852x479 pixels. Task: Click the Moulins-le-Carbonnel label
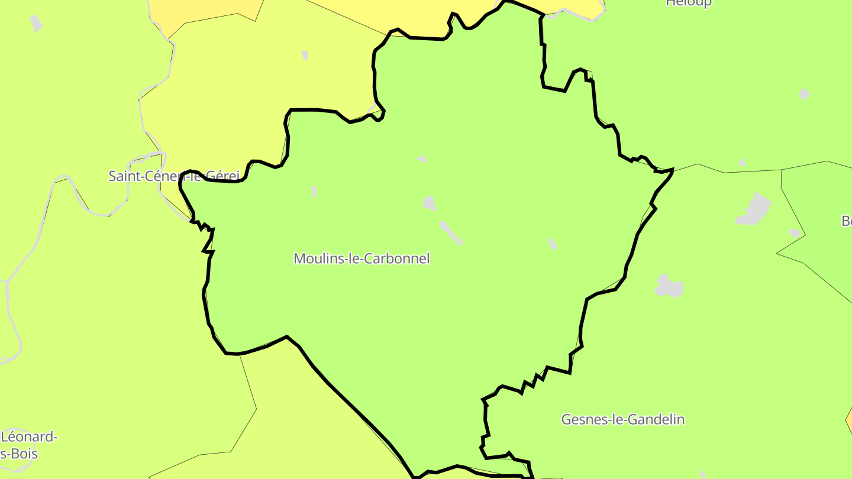pyautogui.click(x=362, y=258)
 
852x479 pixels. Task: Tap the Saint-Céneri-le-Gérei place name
pyautogui.click(x=174, y=176)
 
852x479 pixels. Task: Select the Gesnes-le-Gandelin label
pyautogui.click(x=622, y=419)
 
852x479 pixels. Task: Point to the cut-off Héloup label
pyautogui.click(x=689, y=3)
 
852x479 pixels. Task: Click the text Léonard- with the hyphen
pyautogui.click(x=30, y=437)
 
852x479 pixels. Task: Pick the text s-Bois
pyautogui.click(x=20, y=454)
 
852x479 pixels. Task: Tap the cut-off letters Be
pyautogui.click(x=846, y=221)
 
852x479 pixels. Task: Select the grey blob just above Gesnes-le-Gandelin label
pyautogui.click(x=669, y=286)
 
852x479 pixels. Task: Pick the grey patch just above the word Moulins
pyautogui.click(x=314, y=191)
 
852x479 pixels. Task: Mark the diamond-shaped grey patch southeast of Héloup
pyautogui.click(x=803, y=94)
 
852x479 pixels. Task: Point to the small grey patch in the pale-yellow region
pyautogui.click(x=305, y=55)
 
